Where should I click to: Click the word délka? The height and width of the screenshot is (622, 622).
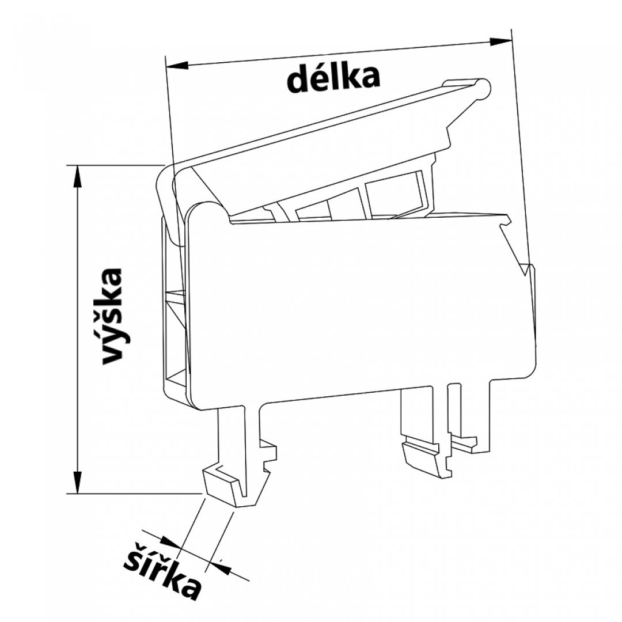tap(333, 79)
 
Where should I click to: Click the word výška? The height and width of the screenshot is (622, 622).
tap(112, 317)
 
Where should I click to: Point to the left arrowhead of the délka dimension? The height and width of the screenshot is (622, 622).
tap(177, 66)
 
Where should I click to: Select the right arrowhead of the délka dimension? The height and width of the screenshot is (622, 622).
tap(500, 41)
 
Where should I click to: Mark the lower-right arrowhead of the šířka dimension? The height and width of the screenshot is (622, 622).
tap(221, 568)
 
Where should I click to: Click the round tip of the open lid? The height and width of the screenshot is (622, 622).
tap(483, 88)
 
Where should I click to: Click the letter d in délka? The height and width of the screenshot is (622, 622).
tap(298, 81)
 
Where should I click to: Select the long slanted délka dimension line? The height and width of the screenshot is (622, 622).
tap(339, 54)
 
